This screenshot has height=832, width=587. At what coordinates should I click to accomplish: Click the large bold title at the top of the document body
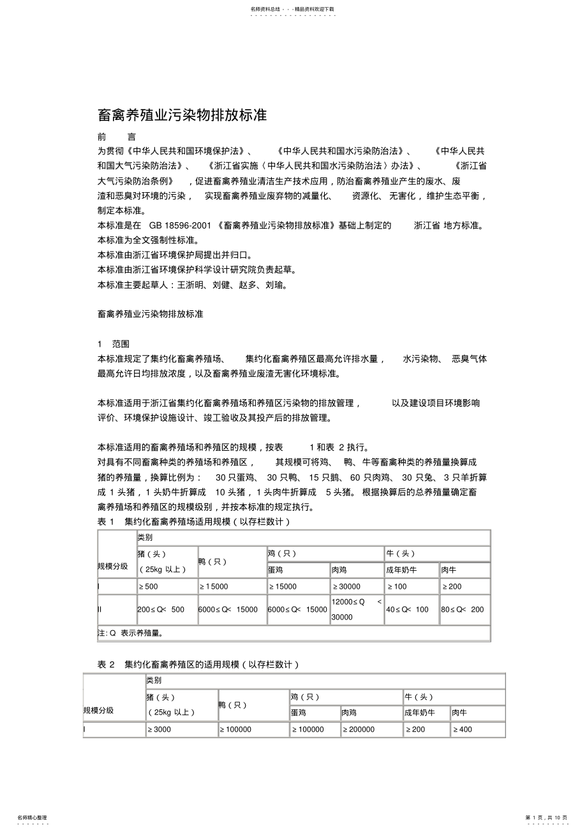click(x=182, y=116)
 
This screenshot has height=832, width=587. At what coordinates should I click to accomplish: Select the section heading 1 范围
click(x=114, y=344)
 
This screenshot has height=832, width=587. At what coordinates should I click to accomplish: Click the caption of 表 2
click(x=198, y=665)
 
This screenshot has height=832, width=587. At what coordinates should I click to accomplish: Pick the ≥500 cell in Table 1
click(x=148, y=587)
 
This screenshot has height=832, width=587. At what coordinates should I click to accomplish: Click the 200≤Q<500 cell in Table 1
click(x=161, y=610)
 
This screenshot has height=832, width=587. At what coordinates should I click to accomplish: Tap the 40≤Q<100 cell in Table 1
click(x=407, y=610)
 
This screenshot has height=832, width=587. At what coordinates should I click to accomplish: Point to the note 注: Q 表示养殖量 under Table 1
click(x=130, y=633)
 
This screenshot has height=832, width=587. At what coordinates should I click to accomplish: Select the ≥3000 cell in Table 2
click(x=160, y=729)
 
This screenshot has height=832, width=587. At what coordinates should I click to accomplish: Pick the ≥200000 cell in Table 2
click(x=359, y=729)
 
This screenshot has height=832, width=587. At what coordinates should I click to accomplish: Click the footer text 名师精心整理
click(x=32, y=817)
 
